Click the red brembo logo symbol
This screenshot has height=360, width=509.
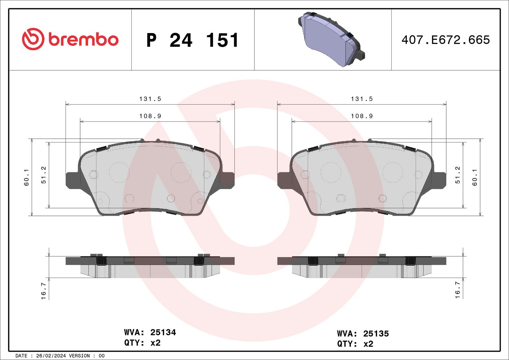[33, 39]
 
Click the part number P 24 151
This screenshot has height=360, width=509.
[192, 40]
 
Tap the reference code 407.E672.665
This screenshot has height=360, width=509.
[446, 40]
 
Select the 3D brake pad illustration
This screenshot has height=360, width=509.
[331, 39]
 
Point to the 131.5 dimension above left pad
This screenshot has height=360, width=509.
[150, 99]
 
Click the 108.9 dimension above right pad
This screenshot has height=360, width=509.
[362, 116]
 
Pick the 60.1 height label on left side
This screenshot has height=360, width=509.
[26, 177]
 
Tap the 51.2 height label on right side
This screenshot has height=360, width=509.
[457, 175]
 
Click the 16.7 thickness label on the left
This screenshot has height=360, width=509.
[43, 291]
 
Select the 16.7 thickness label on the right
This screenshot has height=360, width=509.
[457, 290]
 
